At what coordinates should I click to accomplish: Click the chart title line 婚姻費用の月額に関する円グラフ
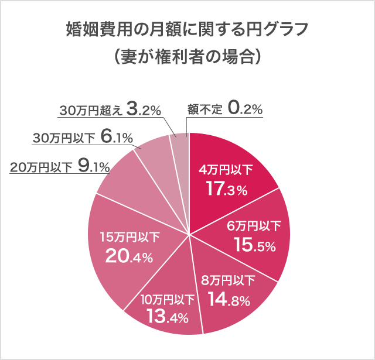point(187,29)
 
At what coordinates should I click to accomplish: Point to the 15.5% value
point(254,245)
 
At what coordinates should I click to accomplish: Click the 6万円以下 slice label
point(254,227)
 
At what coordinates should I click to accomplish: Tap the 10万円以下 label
point(167,299)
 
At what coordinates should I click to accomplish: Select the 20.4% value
point(129,256)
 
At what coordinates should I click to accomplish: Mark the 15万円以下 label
point(130,237)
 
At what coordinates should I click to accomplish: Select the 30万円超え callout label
point(92,109)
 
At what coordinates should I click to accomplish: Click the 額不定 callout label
point(205,109)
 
